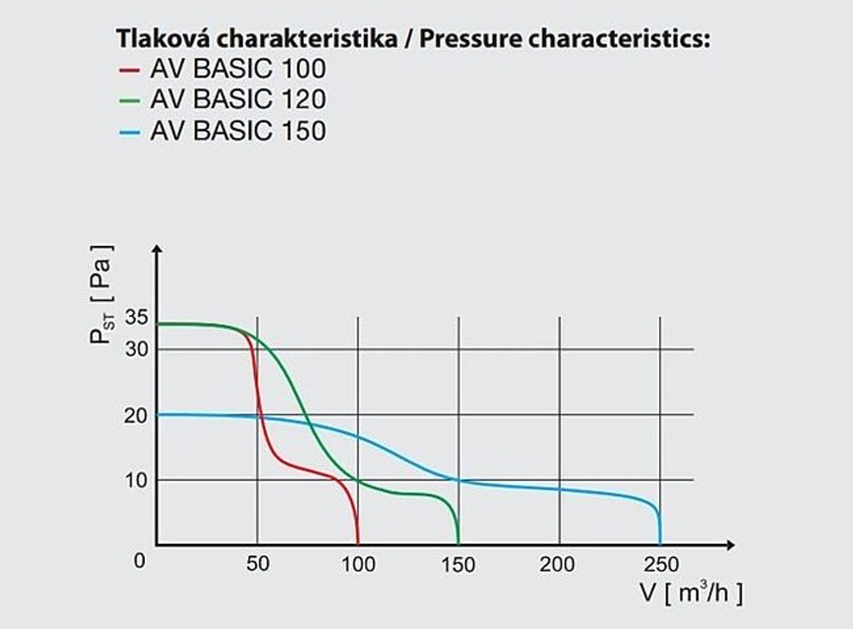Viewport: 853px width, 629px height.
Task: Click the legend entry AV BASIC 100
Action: tap(237, 68)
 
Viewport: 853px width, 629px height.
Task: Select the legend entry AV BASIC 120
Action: tap(237, 99)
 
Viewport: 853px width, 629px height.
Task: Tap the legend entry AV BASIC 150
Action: tap(237, 131)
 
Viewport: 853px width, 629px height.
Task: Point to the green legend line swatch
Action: tap(129, 100)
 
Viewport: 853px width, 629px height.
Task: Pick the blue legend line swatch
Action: tap(129, 132)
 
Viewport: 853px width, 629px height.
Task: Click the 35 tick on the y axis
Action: tap(136, 317)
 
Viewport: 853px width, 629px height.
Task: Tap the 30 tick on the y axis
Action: tap(136, 349)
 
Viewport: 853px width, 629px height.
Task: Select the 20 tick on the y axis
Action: tap(136, 415)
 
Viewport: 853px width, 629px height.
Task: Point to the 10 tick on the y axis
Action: tap(136, 480)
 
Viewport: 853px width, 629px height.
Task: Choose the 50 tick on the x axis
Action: tap(257, 565)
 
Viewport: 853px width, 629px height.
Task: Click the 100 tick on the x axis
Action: tap(358, 565)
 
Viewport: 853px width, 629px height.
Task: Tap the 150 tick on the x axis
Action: tap(458, 565)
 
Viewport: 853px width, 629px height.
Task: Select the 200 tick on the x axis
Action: tap(558, 565)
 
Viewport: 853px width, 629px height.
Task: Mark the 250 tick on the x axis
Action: tap(660, 565)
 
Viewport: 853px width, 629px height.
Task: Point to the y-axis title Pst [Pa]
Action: tap(102, 295)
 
